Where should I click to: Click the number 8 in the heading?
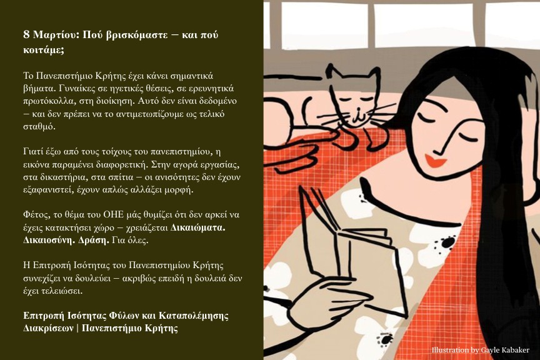26,35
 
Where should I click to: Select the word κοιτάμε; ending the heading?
44,50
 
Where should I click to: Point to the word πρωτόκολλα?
45,101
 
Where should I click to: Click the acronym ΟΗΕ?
113,215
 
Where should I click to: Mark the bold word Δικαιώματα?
198,227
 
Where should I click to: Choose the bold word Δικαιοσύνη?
49,240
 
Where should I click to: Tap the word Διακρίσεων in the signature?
48,328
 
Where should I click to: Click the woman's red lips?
436,161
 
